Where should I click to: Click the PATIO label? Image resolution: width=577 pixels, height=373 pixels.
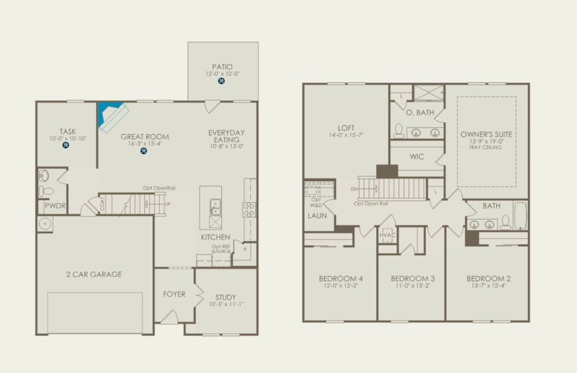coord(222,66)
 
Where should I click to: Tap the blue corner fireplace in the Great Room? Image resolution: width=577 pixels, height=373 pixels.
coord(109,114)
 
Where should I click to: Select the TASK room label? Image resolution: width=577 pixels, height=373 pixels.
coord(67,131)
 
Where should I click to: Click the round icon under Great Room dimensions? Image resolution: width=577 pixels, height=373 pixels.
coord(143,150)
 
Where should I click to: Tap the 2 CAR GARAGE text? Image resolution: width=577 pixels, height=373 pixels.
coord(94,274)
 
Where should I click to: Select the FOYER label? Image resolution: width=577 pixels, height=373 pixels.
coord(174,294)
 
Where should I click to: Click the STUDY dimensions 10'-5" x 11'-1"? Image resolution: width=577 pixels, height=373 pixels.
coord(221,304)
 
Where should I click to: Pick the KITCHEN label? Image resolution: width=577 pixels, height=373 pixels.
coord(215,237)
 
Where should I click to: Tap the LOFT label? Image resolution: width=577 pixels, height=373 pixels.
coord(345,127)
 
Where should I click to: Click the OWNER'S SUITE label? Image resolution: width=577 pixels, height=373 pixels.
coord(486,134)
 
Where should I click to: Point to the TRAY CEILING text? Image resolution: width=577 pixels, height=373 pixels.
coord(486,148)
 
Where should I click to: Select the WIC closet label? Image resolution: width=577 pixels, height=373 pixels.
coord(417,157)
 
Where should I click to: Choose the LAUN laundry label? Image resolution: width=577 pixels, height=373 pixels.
coord(316,216)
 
